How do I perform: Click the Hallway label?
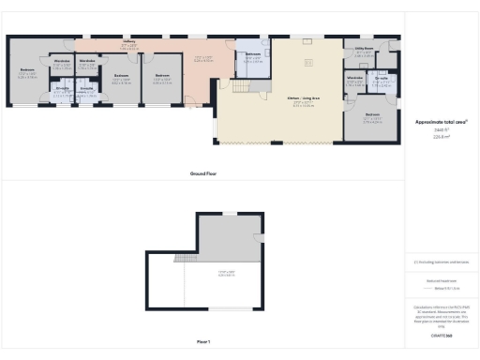pos(129,42)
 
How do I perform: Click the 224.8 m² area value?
pos(441,135)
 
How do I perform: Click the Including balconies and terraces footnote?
pos(441,262)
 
